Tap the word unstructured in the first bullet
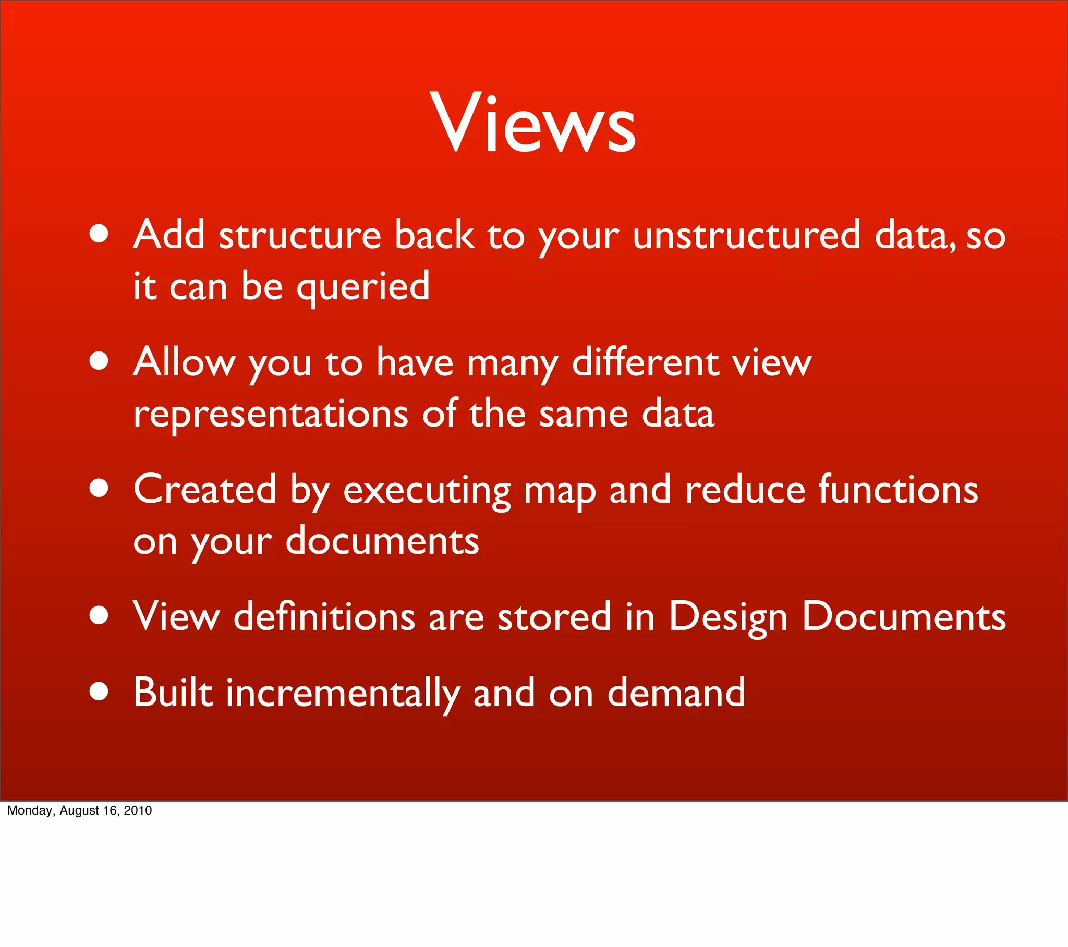coord(746,235)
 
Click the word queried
coord(362,287)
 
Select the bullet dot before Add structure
coord(99,234)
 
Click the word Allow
coord(184,362)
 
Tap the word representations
coord(270,415)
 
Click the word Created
coord(204,489)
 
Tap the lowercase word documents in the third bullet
coord(382,541)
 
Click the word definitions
coord(324,617)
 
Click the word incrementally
coord(343,693)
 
